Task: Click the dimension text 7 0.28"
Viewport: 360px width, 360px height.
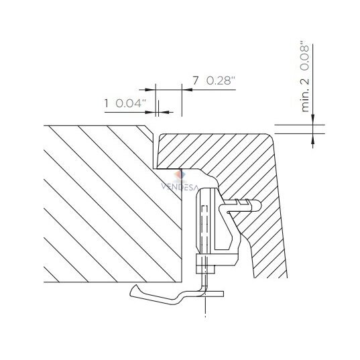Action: pyautogui.click(x=214, y=81)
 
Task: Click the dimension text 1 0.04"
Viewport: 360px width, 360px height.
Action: pyautogui.click(x=125, y=103)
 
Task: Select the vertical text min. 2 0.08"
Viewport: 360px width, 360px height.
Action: pyautogui.click(x=305, y=76)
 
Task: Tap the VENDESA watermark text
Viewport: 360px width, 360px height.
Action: pyautogui.click(x=179, y=186)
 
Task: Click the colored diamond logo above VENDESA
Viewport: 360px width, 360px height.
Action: pyautogui.click(x=180, y=176)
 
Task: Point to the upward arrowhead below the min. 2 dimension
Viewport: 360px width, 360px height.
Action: pyautogui.click(x=312, y=139)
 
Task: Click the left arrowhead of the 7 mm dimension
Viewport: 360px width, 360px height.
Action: pyautogui.click(x=150, y=90)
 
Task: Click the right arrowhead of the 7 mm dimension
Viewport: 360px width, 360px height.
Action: pyautogui.click(x=187, y=90)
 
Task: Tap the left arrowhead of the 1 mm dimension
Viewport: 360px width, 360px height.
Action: pyautogui.click(x=151, y=112)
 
